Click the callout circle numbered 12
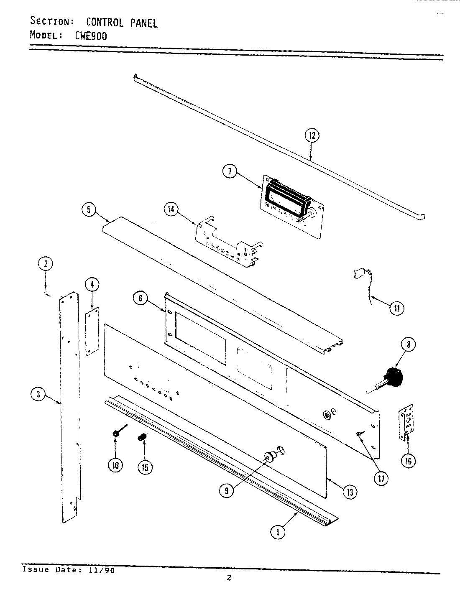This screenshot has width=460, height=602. point(312,135)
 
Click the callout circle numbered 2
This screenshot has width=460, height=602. point(46,263)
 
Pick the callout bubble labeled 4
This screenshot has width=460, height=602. point(92,285)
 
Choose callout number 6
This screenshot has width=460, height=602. point(141,298)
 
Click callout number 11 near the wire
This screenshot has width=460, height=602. point(396,309)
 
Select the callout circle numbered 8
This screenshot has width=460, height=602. point(408,345)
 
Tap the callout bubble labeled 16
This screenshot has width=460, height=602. point(408,461)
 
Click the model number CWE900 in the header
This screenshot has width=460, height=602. point(91,36)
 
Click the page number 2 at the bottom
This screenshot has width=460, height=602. point(229,578)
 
